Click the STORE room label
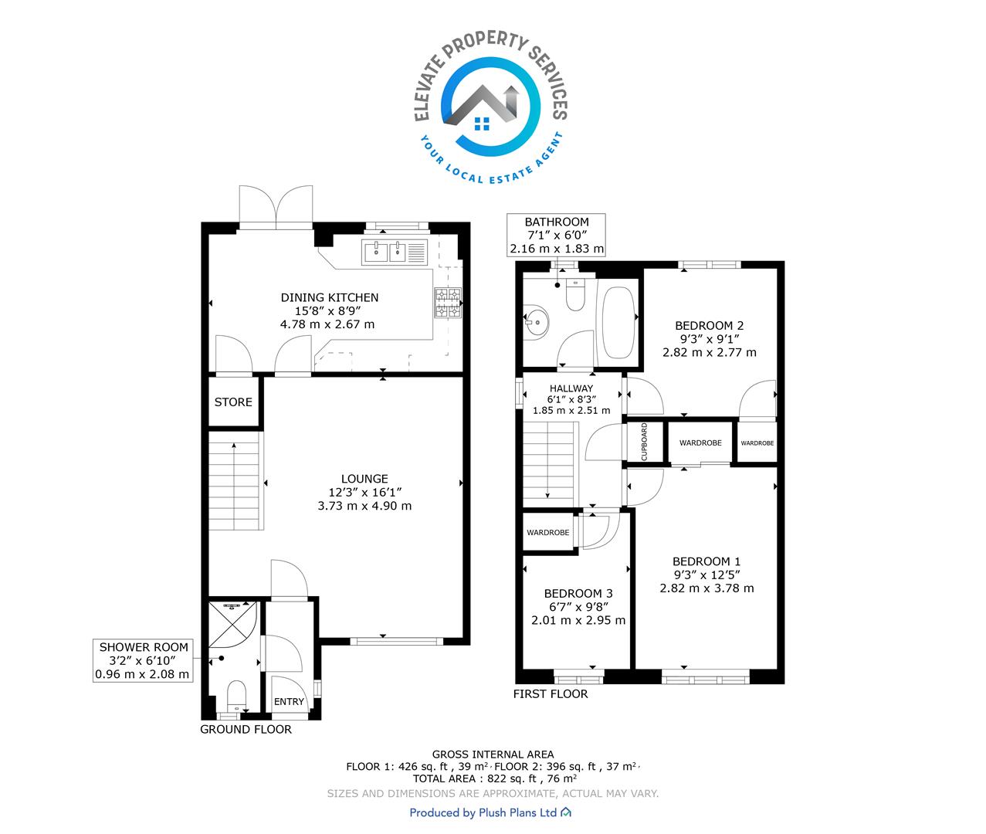[x=232, y=402]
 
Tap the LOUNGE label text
[x=364, y=479]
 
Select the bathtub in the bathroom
[x=618, y=323]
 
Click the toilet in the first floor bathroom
[x=575, y=295]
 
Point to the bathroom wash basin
[x=536, y=321]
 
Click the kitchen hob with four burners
[x=447, y=303]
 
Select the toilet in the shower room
[x=236, y=696]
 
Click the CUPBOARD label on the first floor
[x=645, y=442]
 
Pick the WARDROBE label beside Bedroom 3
[x=547, y=533]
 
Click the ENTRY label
[x=289, y=701]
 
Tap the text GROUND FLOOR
[x=246, y=729]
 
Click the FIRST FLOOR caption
[x=551, y=693]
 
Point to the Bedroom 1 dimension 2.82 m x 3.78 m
[x=706, y=588]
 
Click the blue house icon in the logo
[x=483, y=124]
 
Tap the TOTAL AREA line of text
[x=495, y=778]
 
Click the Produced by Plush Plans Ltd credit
[x=490, y=812]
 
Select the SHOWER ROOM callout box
[x=143, y=660]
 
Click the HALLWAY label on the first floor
[x=571, y=388]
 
